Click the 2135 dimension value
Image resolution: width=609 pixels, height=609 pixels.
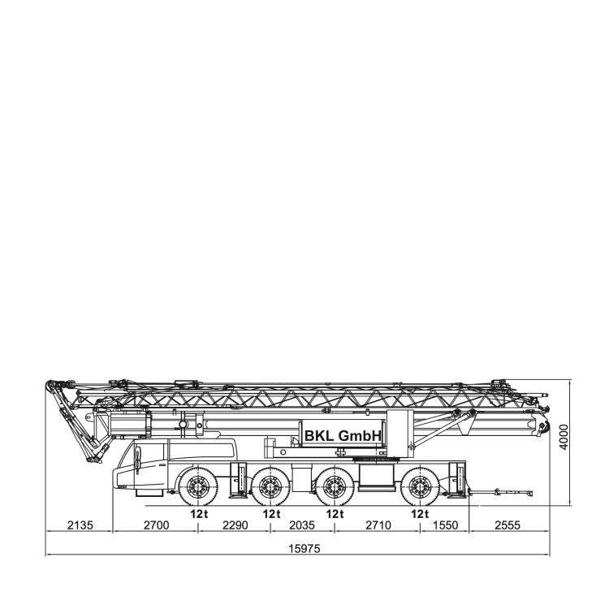point(80,525)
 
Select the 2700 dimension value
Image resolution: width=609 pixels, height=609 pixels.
point(156,525)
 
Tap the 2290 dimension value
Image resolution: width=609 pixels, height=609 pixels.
point(235,525)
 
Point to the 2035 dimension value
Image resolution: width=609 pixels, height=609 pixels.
point(302,525)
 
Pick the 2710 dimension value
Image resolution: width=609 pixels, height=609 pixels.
point(378,525)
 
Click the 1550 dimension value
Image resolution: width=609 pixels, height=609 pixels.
point(446,525)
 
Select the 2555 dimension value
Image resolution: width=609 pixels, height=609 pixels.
point(508,525)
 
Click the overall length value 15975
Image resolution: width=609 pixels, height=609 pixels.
point(304,548)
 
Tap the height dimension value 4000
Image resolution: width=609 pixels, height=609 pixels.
point(564,437)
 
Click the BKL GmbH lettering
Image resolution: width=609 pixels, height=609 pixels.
point(343,436)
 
